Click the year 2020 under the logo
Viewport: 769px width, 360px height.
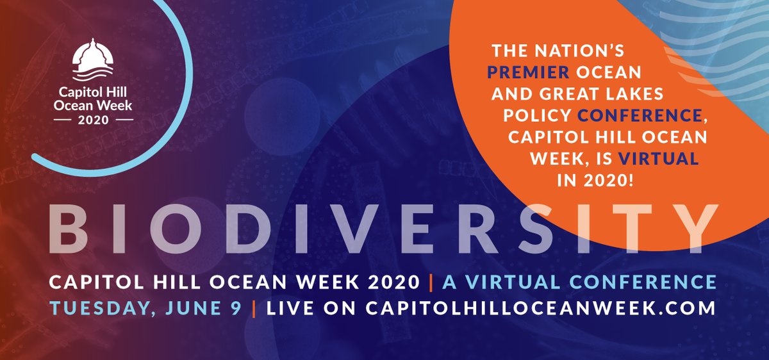(x=94, y=119)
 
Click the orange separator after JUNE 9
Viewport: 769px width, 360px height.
(x=254, y=306)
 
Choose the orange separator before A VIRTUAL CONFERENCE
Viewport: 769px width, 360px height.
(x=438, y=281)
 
